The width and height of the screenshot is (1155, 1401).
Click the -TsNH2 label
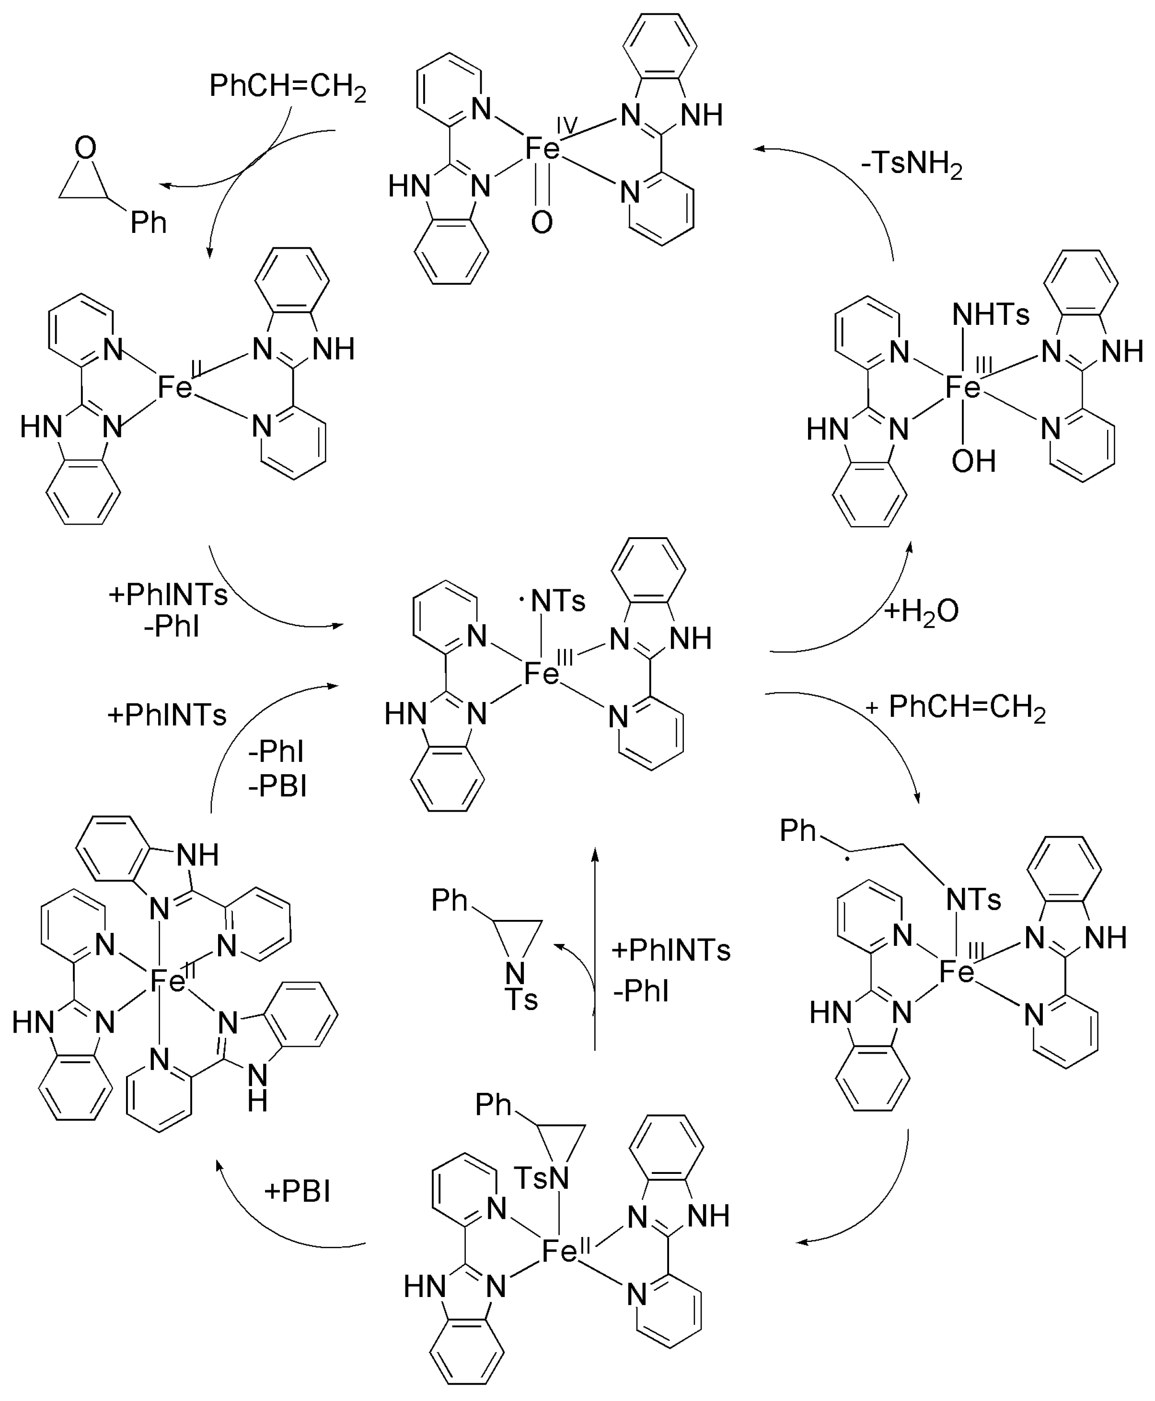912,164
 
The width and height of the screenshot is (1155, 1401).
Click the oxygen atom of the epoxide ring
86,148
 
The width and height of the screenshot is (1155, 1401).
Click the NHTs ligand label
991,314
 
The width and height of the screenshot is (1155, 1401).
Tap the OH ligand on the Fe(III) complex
973,461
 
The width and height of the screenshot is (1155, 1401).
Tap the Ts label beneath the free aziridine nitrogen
521,1000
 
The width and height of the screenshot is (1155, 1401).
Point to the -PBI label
277,787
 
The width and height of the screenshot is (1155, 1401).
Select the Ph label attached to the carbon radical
798,830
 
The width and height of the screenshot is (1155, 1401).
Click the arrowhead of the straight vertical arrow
595,853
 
